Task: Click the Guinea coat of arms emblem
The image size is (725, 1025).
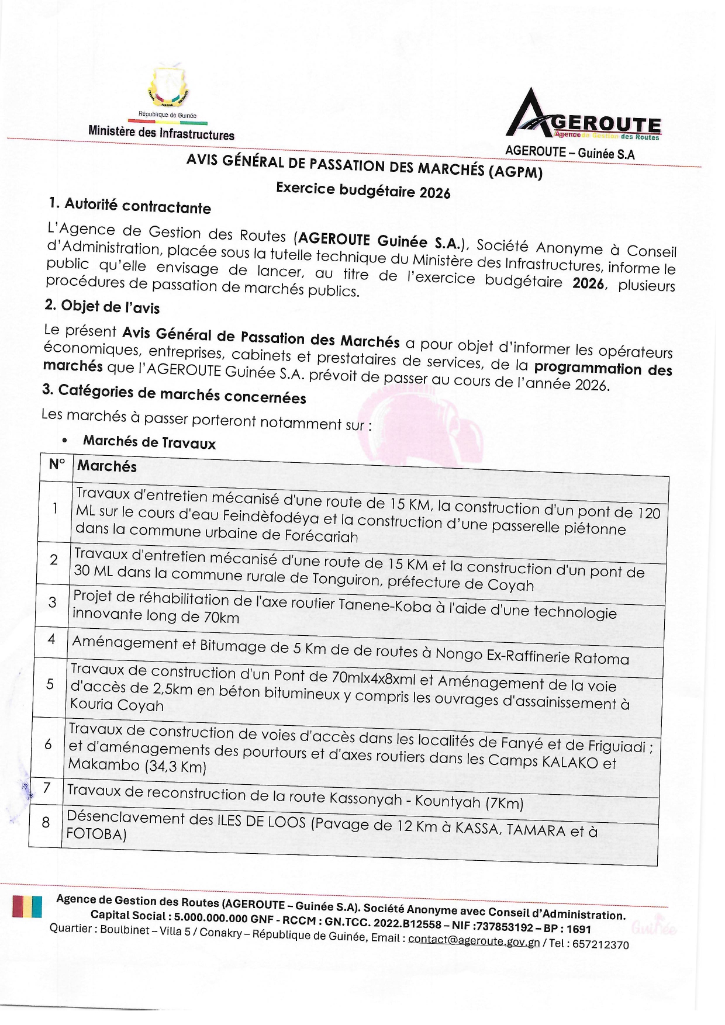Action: pos(168,87)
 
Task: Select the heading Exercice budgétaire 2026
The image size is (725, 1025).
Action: pos(363,190)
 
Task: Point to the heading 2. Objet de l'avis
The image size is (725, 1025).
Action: pos(102,306)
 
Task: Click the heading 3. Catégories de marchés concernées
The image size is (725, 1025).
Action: pos(174,394)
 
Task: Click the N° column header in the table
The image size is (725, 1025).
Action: pos(57,465)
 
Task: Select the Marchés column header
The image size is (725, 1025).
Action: pos(107,466)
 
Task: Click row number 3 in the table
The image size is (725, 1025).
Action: pos(53,602)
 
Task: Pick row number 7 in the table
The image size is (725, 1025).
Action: pos(47,788)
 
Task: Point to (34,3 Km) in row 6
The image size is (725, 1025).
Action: pos(175,766)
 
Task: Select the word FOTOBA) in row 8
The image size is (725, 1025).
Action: pos(96,833)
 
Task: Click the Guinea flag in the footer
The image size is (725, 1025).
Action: pos(27,908)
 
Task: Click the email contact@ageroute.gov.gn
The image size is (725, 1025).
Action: pos(474,940)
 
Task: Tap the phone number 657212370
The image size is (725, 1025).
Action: pos(600,944)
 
